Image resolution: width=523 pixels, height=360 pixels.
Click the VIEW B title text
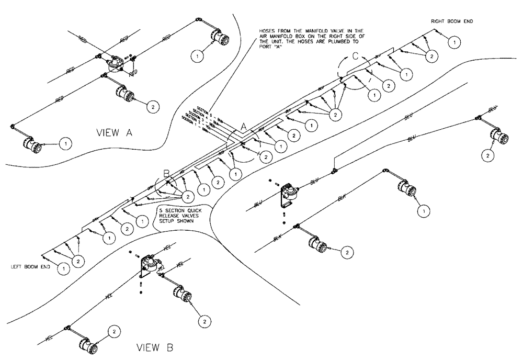(151, 347)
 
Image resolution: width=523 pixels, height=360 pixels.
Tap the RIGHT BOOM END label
(450, 21)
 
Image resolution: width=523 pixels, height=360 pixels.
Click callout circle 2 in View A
(153, 107)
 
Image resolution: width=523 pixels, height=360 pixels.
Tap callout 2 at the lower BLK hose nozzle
(346, 253)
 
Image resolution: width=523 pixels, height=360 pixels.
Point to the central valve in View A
(112, 64)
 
